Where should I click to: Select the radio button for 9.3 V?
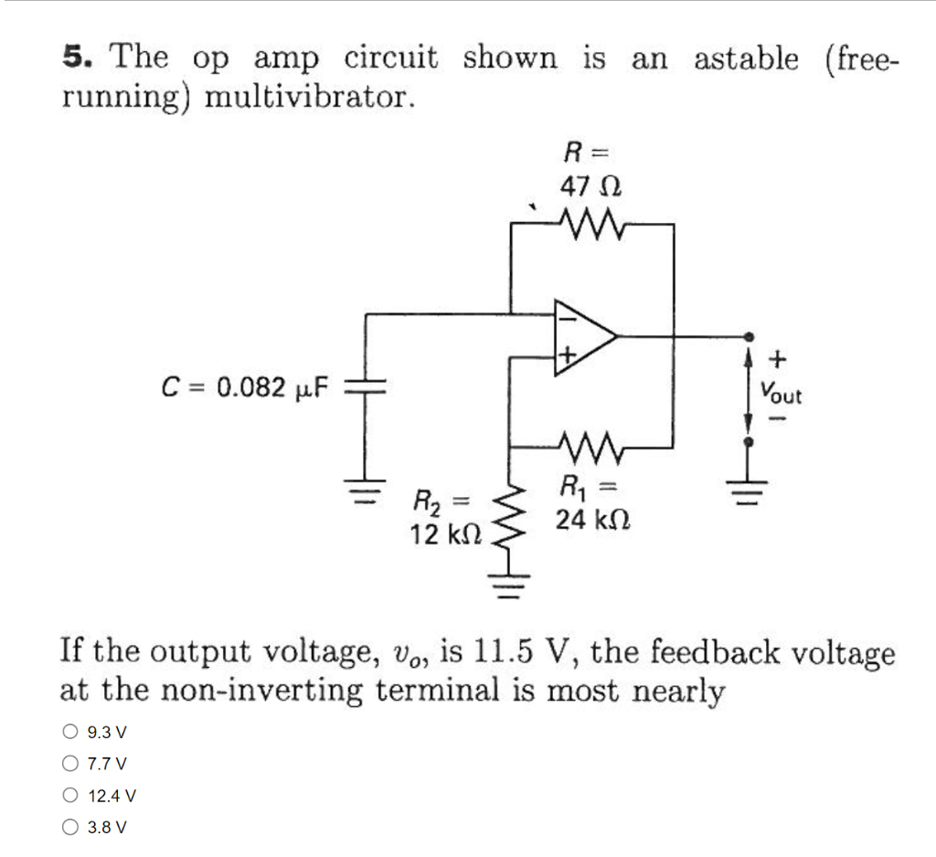point(70,731)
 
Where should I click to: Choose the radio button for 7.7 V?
point(70,763)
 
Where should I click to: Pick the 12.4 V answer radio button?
point(70,795)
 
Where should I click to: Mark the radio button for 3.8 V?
point(70,827)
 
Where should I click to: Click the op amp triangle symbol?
point(581,336)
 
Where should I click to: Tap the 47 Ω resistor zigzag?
point(592,222)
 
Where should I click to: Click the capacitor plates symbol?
point(366,388)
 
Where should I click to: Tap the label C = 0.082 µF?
point(244,388)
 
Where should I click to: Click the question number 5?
point(77,58)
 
